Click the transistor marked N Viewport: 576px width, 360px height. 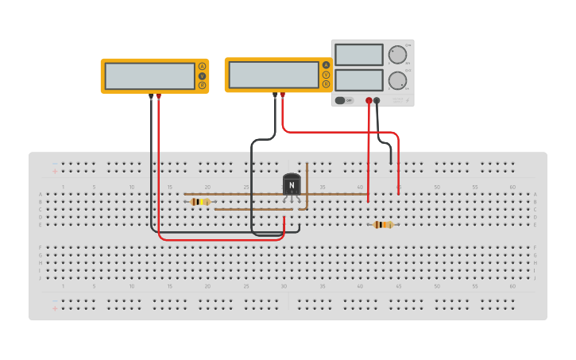(292, 185)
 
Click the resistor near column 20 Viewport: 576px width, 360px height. (200, 202)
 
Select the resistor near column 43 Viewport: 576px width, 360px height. (383, 225)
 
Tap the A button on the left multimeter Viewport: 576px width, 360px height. (202, 66)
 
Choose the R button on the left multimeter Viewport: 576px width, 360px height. (202, 85)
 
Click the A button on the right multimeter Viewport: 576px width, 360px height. (326, 65)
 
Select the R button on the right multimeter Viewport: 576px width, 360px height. (326, 83)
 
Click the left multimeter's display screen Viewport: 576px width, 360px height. (149, 75)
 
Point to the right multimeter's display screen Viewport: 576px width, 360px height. (273, 75)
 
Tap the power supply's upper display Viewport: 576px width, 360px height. (359, 55)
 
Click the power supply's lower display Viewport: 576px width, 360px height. (359, 80)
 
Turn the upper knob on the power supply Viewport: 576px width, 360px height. (396, 55)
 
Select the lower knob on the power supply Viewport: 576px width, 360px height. (396, 80)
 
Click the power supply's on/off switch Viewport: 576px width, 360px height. (343, 100)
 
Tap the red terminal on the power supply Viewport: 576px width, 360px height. (369, 101)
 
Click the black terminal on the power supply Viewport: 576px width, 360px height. (377, 101)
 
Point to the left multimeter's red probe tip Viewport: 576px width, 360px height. (159, 96)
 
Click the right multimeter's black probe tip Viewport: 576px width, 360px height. (275, 95)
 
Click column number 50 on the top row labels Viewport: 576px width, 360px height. (436, 187)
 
